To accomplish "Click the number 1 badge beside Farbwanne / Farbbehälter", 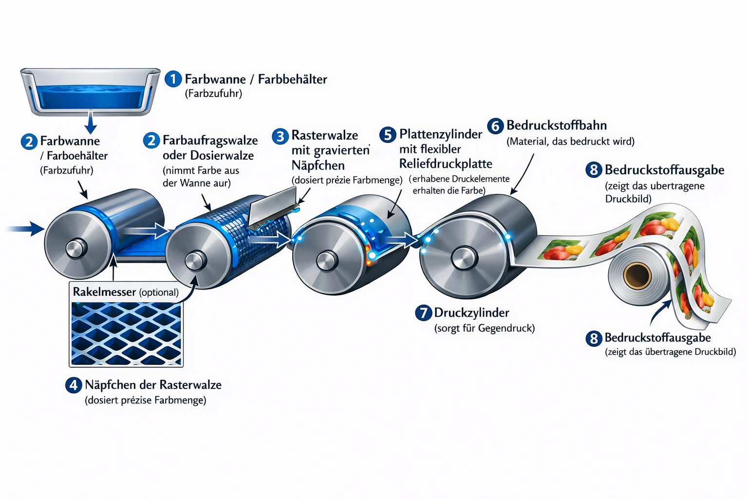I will (x=173, y=79).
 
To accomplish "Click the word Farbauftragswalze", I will (x=210, y=140).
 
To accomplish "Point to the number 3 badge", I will (x=280, y=136).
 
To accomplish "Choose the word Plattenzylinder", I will (x=440, y=134).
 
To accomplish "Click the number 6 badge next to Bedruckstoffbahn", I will (x=495, y=126).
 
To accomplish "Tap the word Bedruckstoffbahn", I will (x=556, y=126).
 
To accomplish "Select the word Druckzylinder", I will (x=471, y=313).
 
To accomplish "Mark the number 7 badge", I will (x=423, y=313).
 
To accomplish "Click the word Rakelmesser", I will (x=104, y=292).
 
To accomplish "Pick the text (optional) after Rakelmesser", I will (x=159, y=292).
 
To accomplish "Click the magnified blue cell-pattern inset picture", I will (x=126, y=334).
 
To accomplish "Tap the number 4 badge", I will (x=74, y=385).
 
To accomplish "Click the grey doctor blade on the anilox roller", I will (x=273, y=207).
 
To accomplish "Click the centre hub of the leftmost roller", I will (x=75, y=249).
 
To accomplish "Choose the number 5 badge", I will (x=388, y=135).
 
